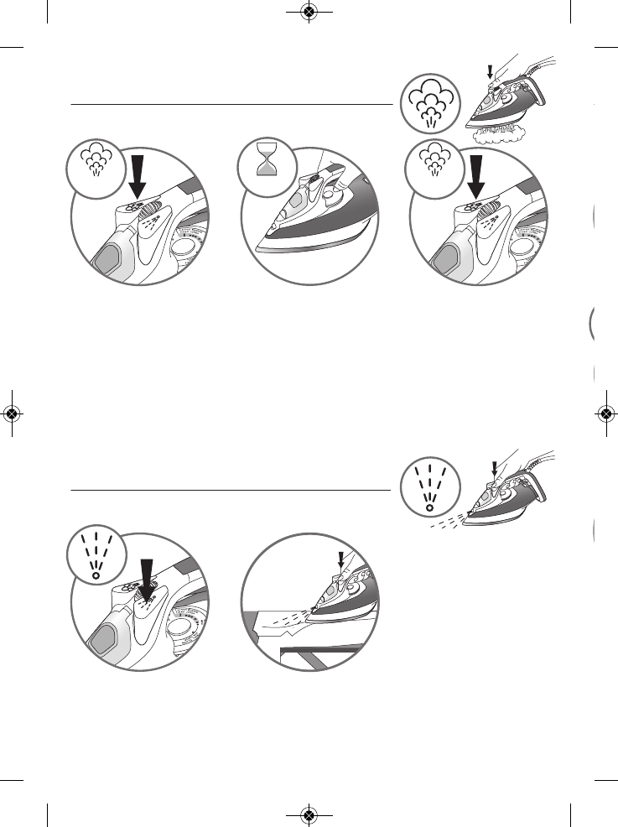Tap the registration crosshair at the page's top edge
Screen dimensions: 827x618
point(309,12)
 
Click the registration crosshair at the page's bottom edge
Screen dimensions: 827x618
point(309,814)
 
